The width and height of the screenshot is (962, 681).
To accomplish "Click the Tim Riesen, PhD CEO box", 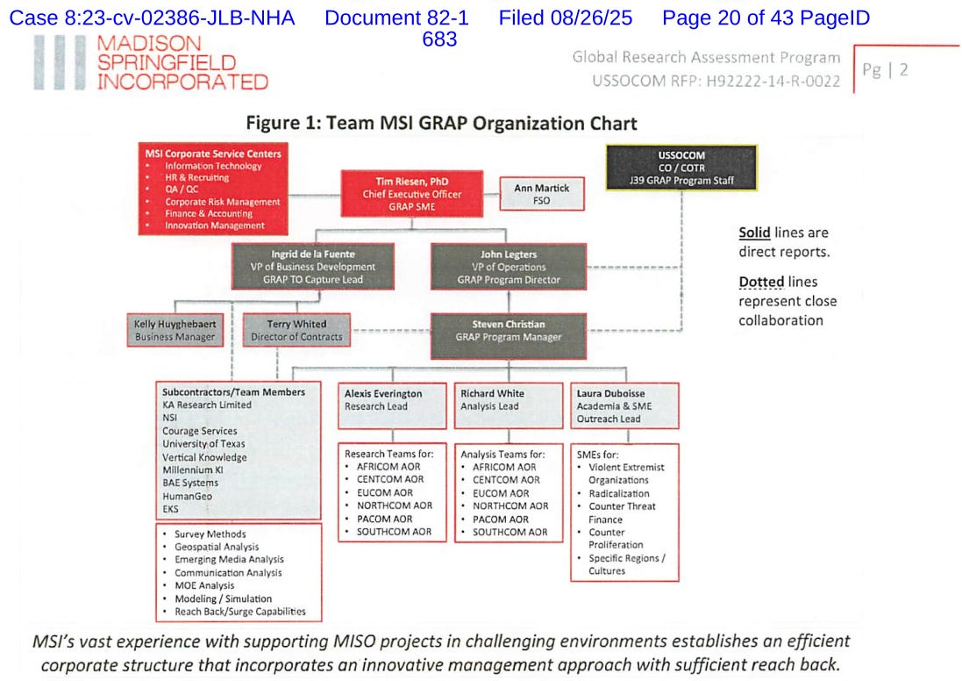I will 411,194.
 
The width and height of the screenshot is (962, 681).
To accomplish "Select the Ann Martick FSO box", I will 541,194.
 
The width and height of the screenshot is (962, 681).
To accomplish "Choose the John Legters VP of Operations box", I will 509,267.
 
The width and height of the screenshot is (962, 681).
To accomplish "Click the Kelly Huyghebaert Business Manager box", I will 175,330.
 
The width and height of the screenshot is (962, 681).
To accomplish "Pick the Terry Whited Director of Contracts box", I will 296,330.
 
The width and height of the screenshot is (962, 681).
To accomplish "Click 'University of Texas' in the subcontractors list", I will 203,444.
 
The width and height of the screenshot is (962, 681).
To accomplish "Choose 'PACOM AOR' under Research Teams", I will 385,519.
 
